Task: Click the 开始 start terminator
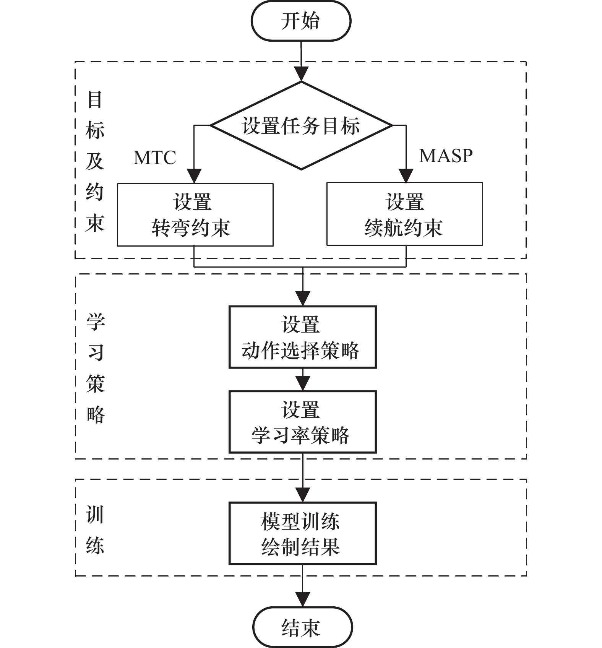click(x=301, y=21)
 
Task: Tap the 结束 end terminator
click(x=302, y=627)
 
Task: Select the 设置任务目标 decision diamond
click(x=301, y=125)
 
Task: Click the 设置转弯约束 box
click(x=195, y=214)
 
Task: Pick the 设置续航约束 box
click(x=404, y=214)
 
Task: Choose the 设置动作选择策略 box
click(x=302, y=337)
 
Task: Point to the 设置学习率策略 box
click(x=302, y=422)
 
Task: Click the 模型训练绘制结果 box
click(x=302, y=533)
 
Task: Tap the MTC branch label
click(x=155, y=158)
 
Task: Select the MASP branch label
click(x=446, y=156)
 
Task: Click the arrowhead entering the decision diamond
click(x=301, y=74)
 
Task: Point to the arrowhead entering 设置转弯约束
click(x=194, y=176)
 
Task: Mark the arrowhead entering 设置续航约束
click(x=406, y=175)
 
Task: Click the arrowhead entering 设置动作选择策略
click(x=303, y=299)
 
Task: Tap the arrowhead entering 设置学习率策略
click(x=303, y=383)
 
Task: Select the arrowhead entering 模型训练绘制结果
click(x=303, y=495)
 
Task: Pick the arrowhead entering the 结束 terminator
click(x=303, y=599)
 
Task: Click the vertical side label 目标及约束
click(x=95, y=161)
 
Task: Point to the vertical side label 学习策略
click(x=95, y=367)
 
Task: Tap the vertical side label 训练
click(x=95, y=529)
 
